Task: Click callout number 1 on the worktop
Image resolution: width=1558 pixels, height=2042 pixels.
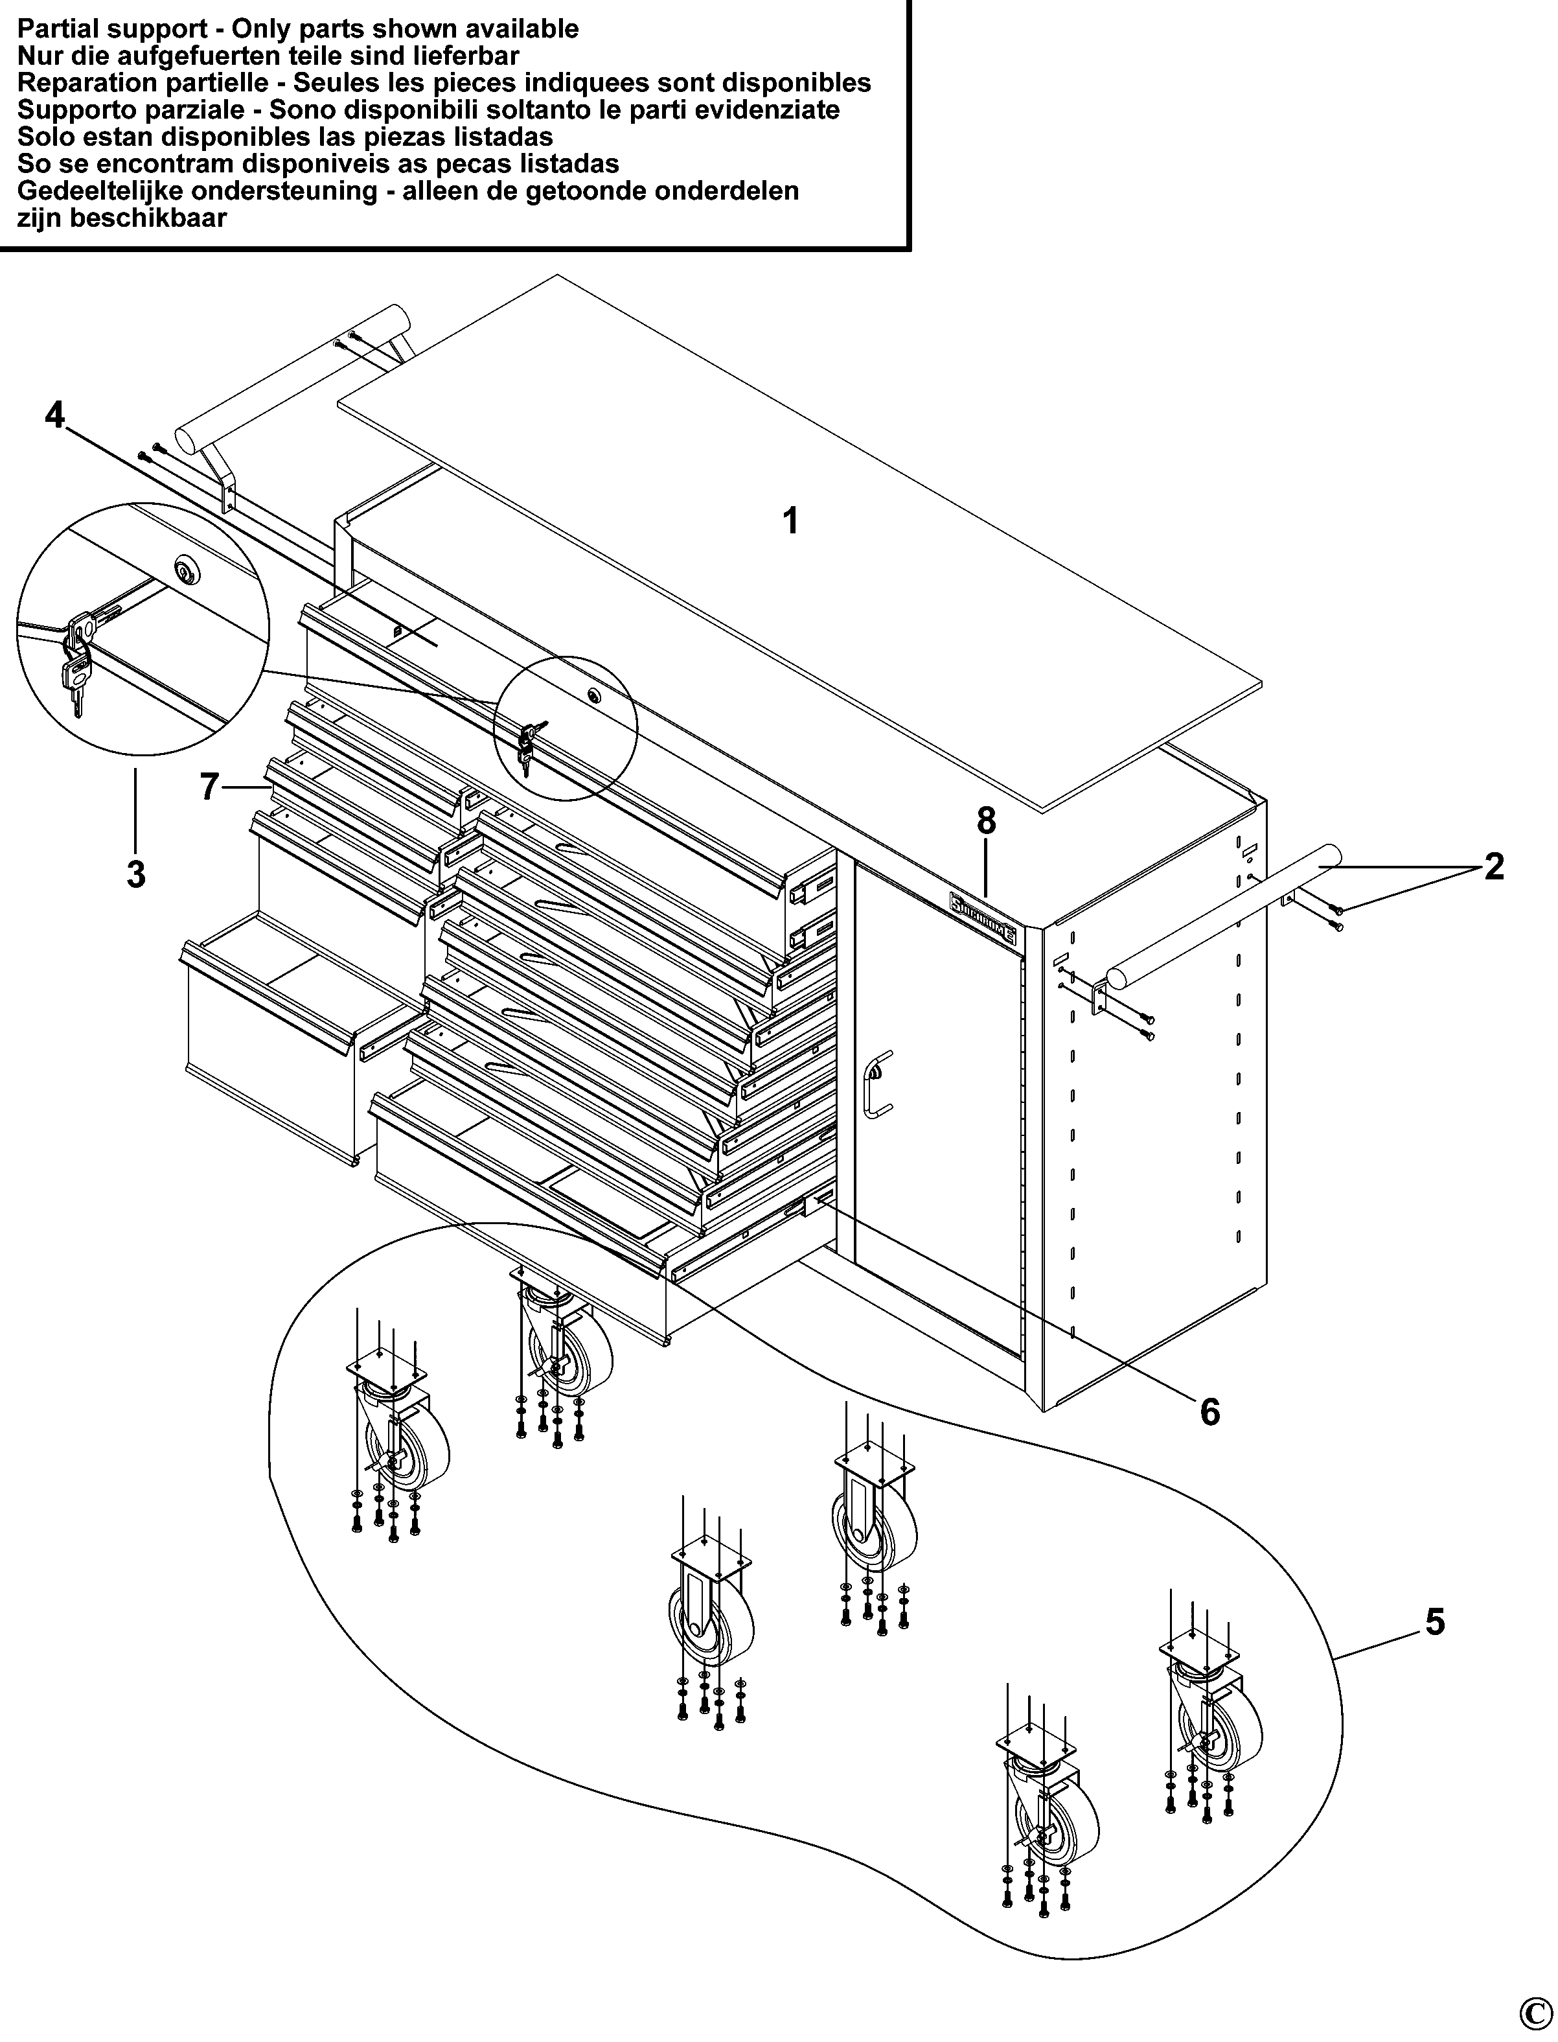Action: coord(790,522)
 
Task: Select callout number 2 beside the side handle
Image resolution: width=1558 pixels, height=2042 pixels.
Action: coord(1493,866)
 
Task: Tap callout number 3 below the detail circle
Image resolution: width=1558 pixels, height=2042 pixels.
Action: coord(136,874)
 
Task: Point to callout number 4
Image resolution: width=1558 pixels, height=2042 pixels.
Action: coord(56,415)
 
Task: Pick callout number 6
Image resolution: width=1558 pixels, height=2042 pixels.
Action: coord(1209,1412)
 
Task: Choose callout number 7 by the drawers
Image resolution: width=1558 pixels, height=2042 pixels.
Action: coord(210,787)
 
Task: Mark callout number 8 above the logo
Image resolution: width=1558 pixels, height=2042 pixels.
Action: coord(986,820)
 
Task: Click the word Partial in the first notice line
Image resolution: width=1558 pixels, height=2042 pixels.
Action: coord(53,29)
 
